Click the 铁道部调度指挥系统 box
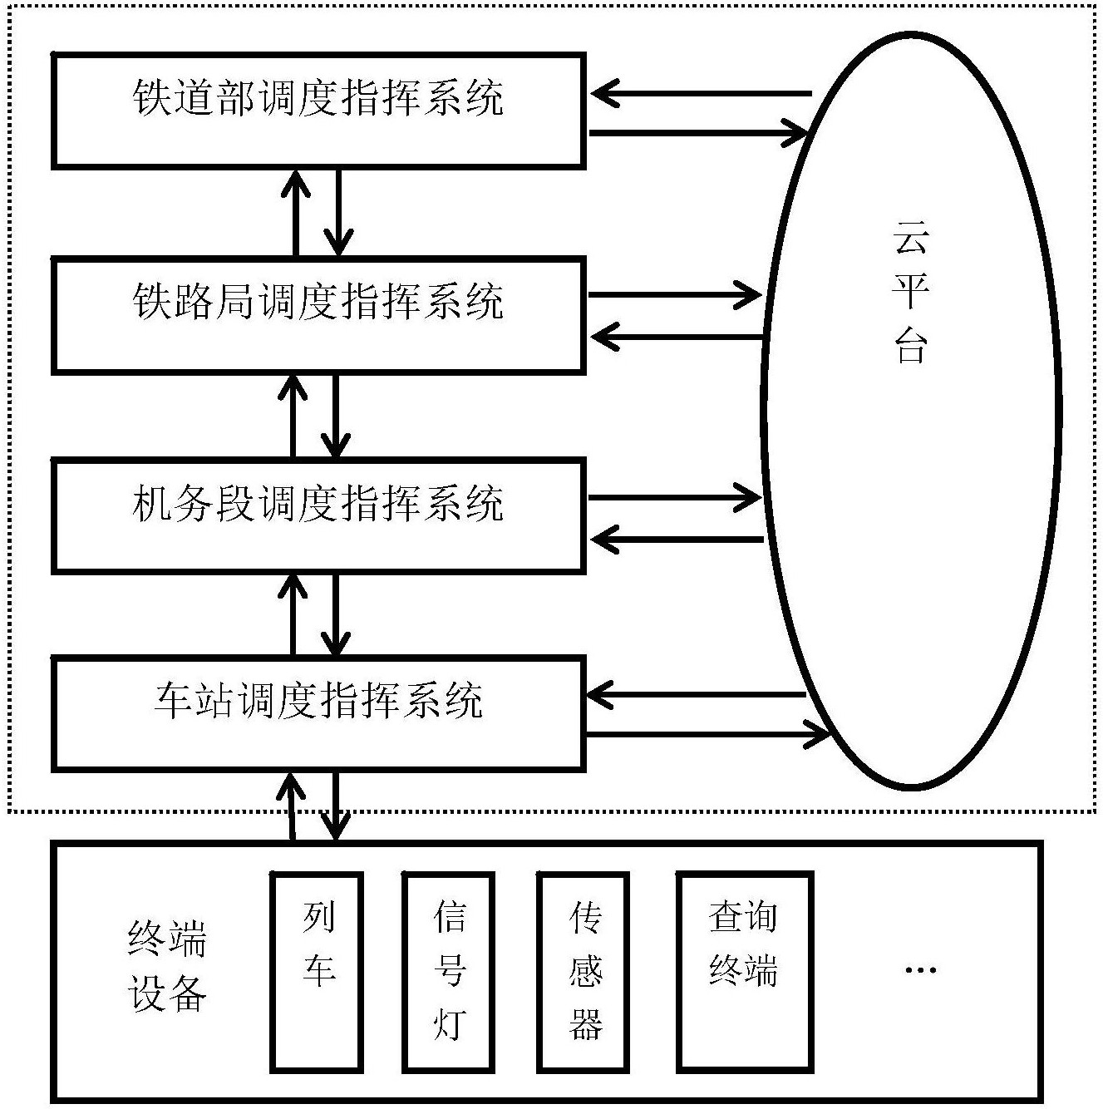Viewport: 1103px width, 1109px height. tap(318, 110)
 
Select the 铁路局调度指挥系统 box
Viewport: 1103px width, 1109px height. tap(318, 314)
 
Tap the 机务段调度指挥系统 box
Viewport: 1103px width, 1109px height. tap(318, 515)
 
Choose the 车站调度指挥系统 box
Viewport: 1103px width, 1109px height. tap(318, 712)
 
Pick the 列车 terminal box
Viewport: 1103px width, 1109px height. tap(318, 971)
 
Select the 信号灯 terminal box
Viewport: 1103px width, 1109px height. tap(449, 971)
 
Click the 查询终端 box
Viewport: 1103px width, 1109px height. tap(744, 971)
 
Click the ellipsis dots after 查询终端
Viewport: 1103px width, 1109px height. tap(920, 969)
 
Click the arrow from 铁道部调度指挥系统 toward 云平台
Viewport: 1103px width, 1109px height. tap(698, 132)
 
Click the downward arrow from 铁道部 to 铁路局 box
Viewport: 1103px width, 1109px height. tap(337, 213)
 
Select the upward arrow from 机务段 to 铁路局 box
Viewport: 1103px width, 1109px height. tap(293, 416)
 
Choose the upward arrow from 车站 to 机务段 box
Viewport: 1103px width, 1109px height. tap(293, 614)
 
